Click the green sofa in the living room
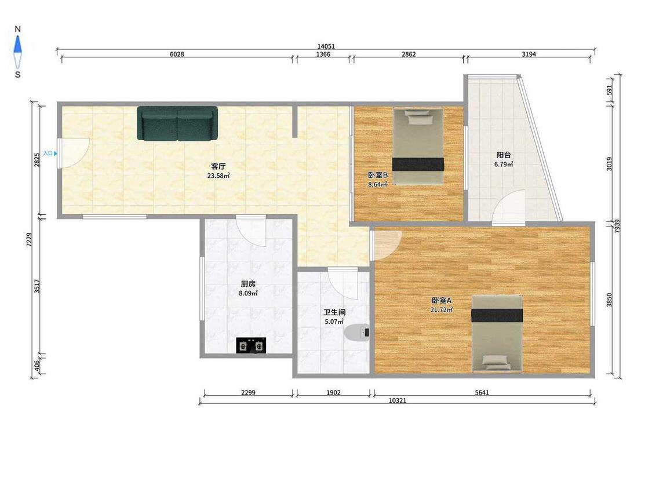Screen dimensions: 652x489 (x=177, y=123)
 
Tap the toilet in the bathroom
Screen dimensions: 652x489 (x=357, y=332)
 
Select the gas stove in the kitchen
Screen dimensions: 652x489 (x=251, y=345)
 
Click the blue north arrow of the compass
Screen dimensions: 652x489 (x=17, y=45)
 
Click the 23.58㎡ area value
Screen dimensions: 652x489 (x=218, y=176)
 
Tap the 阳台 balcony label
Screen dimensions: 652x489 (x=504, y=155)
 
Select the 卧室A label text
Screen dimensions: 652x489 (x=442, y=300)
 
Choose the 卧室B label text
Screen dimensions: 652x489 (x=377, y=175)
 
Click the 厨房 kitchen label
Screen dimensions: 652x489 (x=248, y=284)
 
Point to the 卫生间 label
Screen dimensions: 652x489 (x=335, y=312)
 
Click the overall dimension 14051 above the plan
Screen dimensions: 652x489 (x=326, y=46)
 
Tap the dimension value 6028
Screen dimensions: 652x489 (x=177, y=54)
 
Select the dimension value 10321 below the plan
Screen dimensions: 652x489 (x=398, y=400)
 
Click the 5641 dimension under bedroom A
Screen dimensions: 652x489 (x=482, y=392)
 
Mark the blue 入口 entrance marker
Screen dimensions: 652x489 (x=50, y=154)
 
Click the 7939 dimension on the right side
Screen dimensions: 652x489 (x=617, y=226)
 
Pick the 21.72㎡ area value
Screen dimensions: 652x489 (x=442, y=309)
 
